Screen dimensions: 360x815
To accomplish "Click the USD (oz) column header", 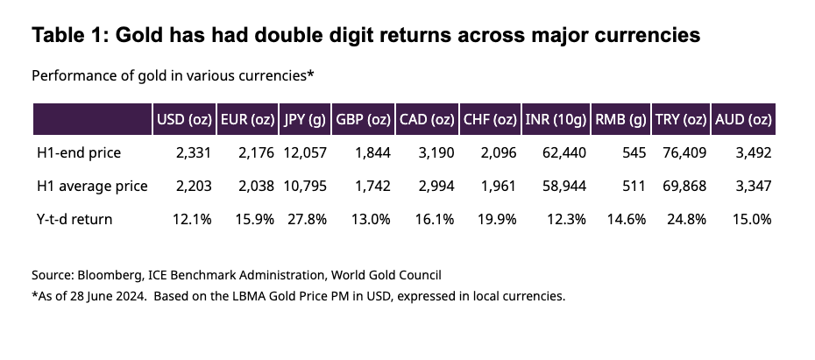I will click(182, 120).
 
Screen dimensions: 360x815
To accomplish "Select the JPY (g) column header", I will click(305, 120).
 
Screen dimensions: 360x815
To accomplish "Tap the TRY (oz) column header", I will click(681, 120).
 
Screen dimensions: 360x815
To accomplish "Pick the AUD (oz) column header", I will click(743, 120).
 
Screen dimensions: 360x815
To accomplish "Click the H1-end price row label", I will click(79, 153).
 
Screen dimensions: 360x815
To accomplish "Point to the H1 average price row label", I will click(92, 187).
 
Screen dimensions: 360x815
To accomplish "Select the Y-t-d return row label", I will click(74, 219).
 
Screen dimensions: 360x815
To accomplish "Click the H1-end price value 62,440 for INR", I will click(565, 153).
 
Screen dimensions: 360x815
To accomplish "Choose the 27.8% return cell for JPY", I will click(307, 219).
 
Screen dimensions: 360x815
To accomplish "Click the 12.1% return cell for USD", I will click(193, 219).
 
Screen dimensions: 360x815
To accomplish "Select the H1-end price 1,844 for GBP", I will click(372, 153).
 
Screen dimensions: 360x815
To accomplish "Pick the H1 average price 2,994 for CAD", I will click(436, 187).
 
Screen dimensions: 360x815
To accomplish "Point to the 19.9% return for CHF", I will click(498, 219).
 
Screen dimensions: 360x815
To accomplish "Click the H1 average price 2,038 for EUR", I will click(256, 187).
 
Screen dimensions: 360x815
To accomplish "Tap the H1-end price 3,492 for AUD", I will click(753, 153).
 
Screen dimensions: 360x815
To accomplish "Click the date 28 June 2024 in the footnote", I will click(94, 295).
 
